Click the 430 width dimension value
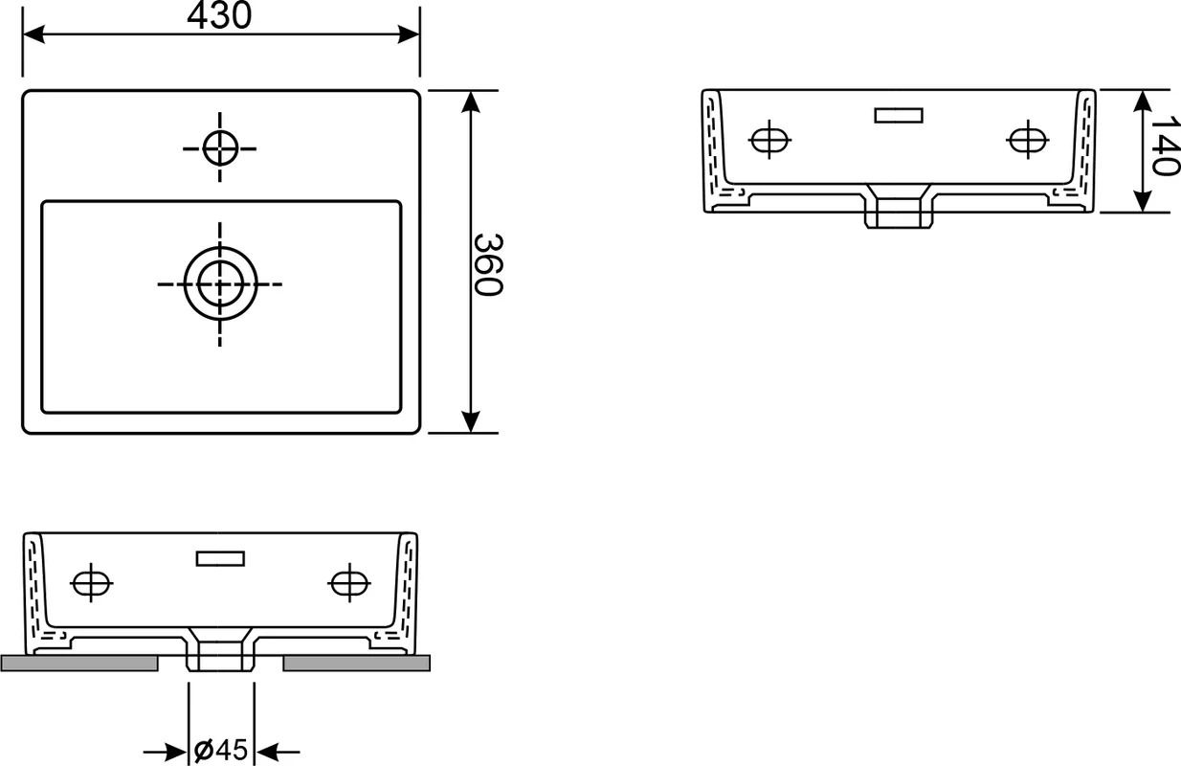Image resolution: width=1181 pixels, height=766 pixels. tap(219, 15)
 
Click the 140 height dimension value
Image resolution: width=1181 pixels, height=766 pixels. tap(1165, 146)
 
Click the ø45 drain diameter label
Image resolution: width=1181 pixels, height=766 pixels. tap(221, 749)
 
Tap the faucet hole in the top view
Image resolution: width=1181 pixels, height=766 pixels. tap(220, 148)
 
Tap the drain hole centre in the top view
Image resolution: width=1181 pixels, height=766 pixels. tap(220, 284)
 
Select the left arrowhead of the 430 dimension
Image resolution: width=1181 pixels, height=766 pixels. tap(33, 34)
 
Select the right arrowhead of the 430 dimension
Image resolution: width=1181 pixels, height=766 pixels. tap(409, 34)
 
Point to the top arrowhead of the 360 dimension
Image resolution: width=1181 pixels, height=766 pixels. tap(470, 101)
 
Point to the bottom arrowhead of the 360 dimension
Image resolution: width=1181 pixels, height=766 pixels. tap(470, 422)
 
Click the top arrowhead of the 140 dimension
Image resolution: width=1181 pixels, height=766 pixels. tap(1142, 101)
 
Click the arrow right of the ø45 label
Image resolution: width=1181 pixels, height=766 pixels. tap(278, 752)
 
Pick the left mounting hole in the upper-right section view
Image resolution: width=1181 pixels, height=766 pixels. tap(769, 140)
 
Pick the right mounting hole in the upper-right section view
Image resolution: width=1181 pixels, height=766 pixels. tap(1028, 140)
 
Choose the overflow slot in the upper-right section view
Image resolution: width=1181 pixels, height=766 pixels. tap(899, 115)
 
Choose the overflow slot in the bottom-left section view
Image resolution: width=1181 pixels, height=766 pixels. tap(220, 558)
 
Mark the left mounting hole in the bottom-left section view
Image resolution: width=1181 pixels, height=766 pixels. tap(91, 583)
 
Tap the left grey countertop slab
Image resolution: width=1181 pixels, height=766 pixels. tap(79, 664)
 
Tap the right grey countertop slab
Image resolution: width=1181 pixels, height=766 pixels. tap(356, 664)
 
